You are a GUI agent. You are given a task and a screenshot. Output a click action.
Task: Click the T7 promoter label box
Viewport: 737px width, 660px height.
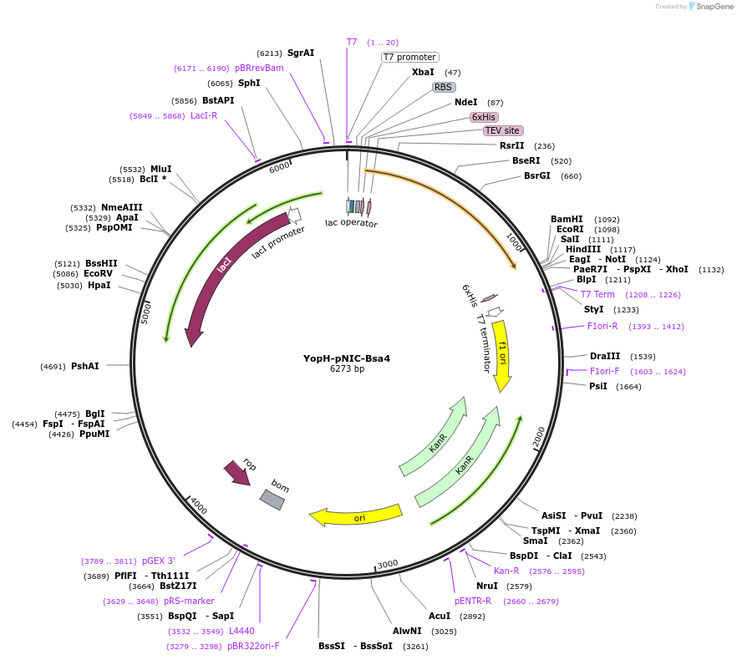click(409, 57)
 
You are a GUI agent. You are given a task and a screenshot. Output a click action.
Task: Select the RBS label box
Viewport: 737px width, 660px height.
click(443, 87)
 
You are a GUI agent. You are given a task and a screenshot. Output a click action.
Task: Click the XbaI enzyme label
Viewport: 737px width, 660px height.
click(423, 73)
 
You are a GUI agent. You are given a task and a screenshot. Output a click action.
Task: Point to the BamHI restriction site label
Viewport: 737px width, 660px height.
click(567, 219)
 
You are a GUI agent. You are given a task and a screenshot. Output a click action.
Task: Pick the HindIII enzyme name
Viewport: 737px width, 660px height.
click(582, 249)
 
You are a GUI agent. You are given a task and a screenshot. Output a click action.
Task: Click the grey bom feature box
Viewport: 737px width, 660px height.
click(272, 500)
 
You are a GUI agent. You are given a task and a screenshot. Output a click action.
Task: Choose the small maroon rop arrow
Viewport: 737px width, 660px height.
click(237, 473)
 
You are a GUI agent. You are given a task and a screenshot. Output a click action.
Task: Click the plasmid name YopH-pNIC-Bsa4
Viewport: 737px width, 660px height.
click(347, 358)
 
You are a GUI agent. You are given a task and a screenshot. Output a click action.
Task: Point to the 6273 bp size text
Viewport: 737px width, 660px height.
click(347, 368)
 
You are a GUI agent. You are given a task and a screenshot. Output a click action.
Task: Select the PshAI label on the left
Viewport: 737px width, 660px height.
click(84, 366)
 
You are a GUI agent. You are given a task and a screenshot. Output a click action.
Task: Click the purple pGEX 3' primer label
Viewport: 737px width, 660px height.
click(159, 561)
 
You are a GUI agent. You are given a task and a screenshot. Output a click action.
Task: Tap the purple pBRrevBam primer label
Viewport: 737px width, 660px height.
click(259, 68)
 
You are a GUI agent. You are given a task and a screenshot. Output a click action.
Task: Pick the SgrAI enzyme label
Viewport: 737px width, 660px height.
click(301, 53)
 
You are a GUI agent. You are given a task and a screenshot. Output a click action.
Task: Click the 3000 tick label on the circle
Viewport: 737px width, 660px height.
click(387, 565)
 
